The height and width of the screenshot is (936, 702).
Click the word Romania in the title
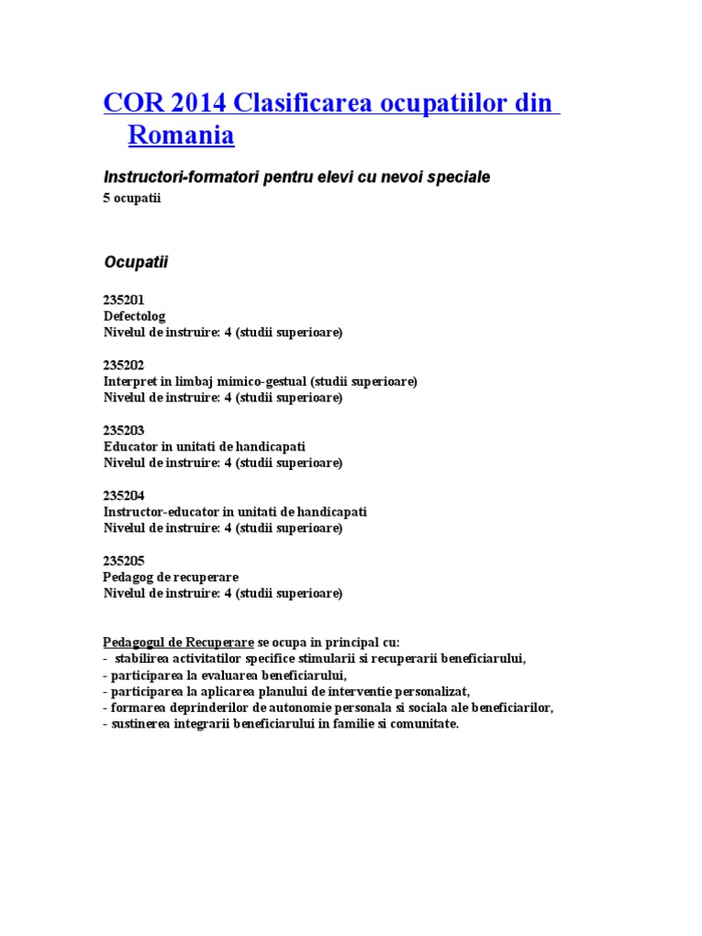click(181, 136)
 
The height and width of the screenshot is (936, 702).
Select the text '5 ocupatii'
click(132, 198)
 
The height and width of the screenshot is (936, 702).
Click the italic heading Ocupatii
click(135, 262)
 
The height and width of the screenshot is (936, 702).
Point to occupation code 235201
click(124, 300)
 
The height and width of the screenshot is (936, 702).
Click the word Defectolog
click(134, 316)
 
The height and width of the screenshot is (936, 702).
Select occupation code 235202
click(124, 365)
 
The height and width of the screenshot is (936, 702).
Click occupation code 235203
click(124, 431)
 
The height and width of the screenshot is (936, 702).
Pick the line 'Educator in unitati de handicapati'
click(205, 447)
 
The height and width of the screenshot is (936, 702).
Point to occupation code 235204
click(124, 495)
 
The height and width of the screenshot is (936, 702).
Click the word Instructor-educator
click(162, 512)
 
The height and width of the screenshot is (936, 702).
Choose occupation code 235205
click(124, 560)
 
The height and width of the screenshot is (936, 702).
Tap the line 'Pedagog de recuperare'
click(171, 577)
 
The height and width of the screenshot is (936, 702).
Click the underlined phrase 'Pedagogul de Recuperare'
click(178, 642)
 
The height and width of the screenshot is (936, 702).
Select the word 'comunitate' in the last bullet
click(424, 724)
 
